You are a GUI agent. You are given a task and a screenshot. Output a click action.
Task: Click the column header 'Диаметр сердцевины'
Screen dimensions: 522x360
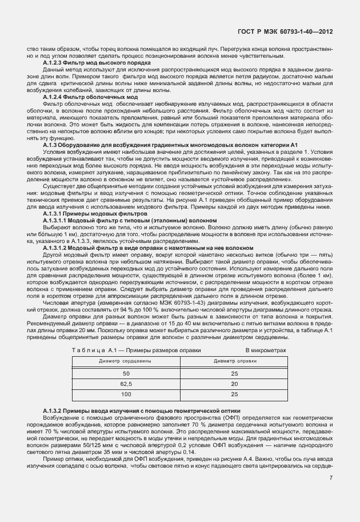(126, 361)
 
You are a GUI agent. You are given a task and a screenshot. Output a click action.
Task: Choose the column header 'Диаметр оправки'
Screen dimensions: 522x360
(234, 361)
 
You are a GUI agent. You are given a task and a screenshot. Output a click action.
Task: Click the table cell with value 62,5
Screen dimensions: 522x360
(126, 384)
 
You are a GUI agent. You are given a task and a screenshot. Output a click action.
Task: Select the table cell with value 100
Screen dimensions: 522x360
(126, 394)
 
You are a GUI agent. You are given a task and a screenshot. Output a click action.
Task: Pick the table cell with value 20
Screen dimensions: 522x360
(234, 384)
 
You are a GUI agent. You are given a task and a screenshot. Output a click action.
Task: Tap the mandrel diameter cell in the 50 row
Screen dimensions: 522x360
(234, 373)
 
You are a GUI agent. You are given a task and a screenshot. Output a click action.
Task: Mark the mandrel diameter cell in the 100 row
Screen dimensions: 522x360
(234, 394)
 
